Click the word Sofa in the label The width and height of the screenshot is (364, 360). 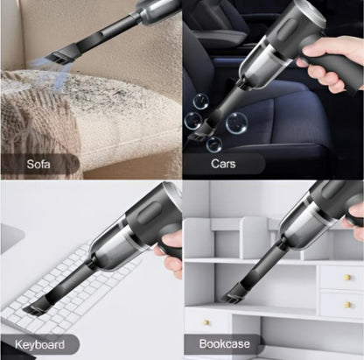click(38, 163)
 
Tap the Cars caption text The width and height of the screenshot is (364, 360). click(224, 163)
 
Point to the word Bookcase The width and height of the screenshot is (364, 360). click(225, 344)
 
